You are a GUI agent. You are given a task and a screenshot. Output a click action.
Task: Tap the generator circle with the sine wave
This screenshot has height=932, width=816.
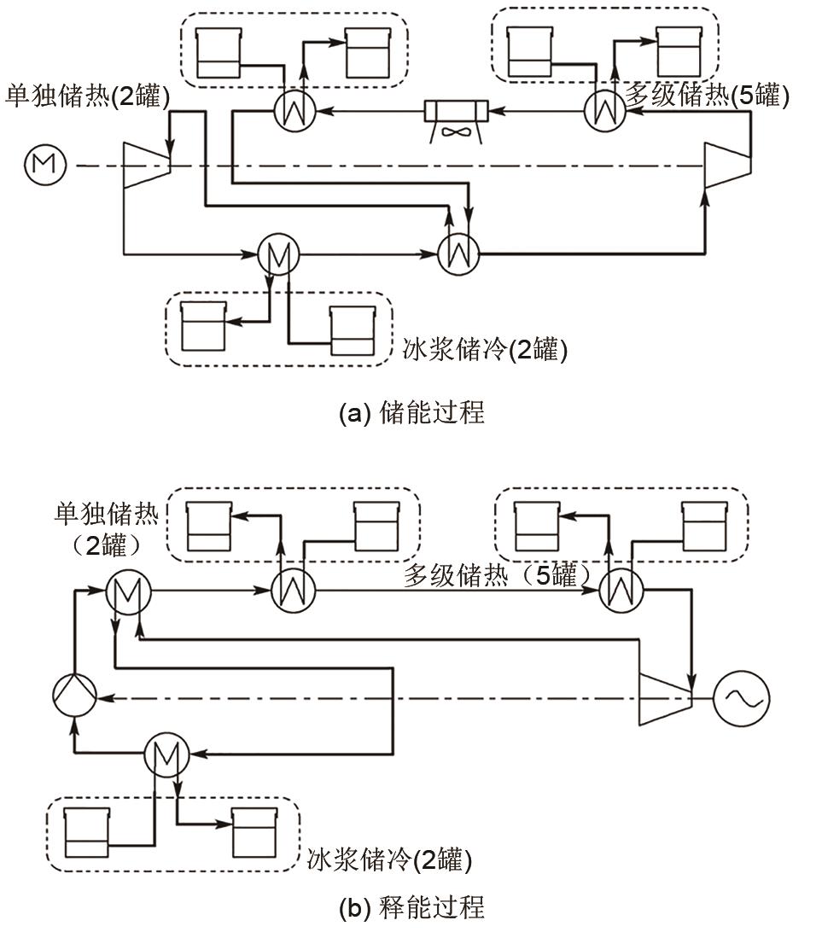(740, 697)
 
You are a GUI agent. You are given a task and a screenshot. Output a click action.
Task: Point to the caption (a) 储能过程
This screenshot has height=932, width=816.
(411, 413)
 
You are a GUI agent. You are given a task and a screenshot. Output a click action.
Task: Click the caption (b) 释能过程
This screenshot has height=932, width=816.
(411, 906)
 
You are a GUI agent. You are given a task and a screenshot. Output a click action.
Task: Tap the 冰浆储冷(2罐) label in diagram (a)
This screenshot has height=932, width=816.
(484, 350)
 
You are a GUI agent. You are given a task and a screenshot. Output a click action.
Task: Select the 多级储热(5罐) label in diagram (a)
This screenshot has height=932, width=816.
(708, 96)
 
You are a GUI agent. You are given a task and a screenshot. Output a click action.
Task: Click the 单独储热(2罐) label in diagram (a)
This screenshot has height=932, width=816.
(87, 96)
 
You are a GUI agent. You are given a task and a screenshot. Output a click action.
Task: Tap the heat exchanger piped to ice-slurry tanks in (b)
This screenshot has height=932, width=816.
(164, 753)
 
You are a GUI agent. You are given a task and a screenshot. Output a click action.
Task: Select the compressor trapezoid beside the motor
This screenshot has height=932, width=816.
(146, 164)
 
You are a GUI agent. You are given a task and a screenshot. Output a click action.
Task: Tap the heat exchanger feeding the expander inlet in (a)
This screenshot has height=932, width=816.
(458, 253)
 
